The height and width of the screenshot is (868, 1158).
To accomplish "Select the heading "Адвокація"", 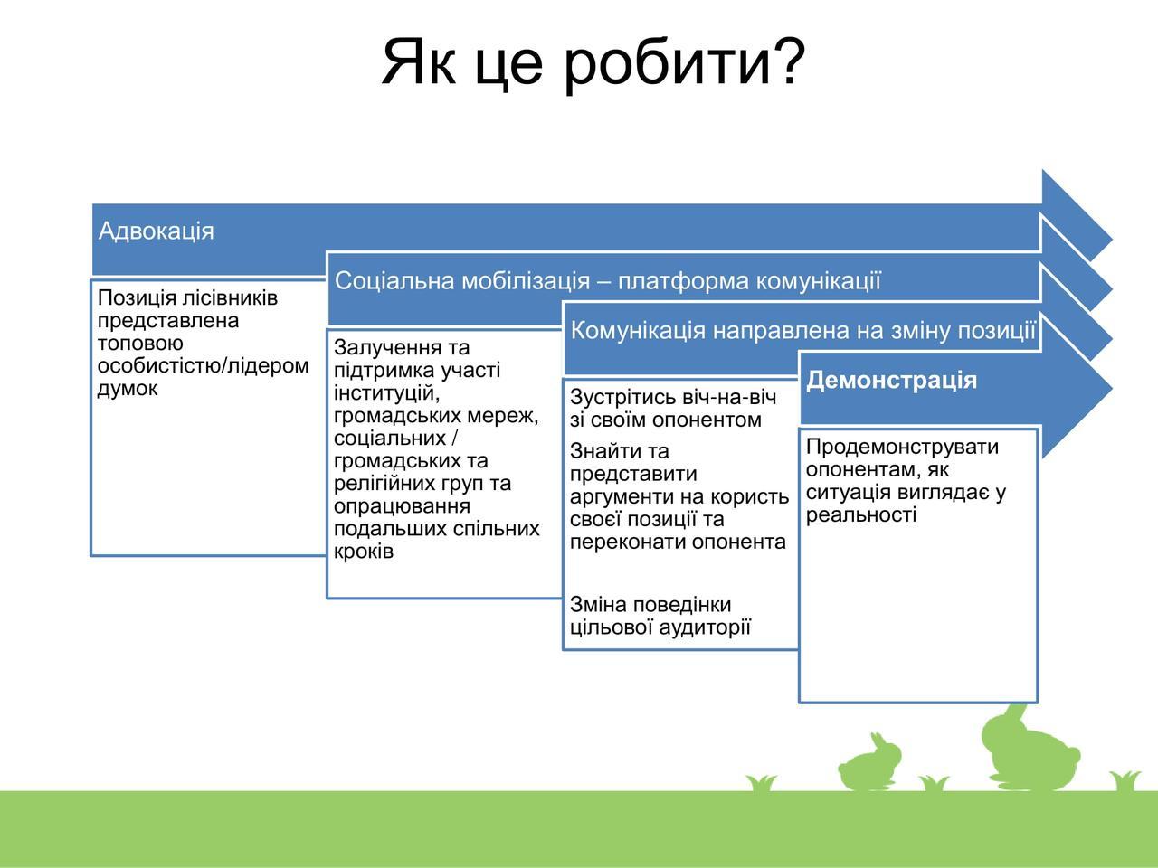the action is coord(157,231).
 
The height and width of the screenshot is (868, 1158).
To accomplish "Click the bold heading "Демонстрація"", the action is coord(891,380).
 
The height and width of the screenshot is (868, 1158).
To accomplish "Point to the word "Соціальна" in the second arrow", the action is coord(394,281).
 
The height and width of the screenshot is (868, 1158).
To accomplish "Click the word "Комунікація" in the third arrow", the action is coord(638,330).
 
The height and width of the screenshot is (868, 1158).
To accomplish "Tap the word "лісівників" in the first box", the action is coord(230,298).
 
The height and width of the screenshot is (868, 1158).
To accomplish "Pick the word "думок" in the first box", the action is coord(128,389).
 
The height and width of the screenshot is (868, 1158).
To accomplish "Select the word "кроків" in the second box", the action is coord(364,552).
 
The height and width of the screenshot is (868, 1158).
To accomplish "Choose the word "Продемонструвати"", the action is coord(902,448).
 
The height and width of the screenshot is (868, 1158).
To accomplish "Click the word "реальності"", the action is coord(861,514).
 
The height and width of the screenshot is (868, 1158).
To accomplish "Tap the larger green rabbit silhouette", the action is coord(1029,750).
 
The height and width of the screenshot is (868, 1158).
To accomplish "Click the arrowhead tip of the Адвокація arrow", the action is coord(1112,240).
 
